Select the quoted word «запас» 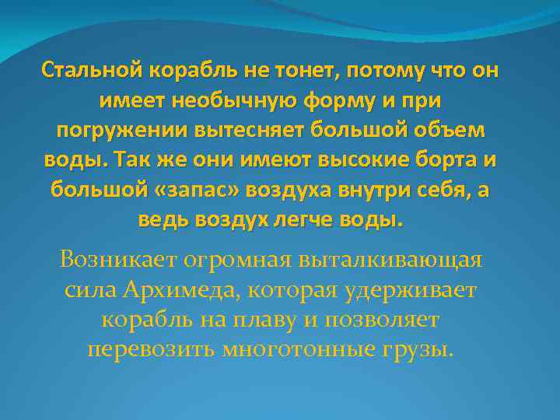(x=194, y=190)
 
